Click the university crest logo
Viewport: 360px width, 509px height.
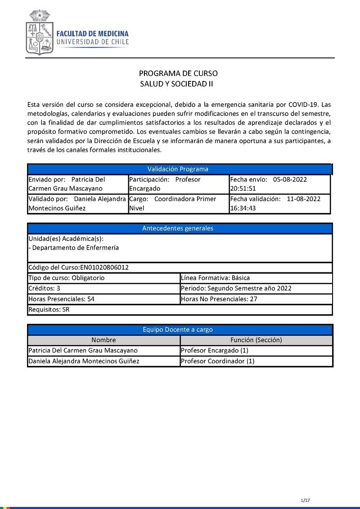point(40,33)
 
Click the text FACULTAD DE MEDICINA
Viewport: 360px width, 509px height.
point(92,34)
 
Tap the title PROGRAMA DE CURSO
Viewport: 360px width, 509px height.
point(178,73)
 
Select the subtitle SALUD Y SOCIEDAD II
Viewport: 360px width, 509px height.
point(176,84)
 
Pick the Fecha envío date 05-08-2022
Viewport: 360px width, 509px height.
point(290,179)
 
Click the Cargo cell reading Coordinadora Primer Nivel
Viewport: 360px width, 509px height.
point(178,203)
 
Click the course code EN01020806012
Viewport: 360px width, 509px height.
point(104,268)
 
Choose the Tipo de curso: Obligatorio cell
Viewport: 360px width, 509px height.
point(67,278)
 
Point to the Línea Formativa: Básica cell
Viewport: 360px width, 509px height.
point(215,278)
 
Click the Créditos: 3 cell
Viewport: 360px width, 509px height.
point(45,288)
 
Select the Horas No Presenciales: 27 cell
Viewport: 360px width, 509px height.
point(219,299)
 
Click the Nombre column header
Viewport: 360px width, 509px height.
point(103,340)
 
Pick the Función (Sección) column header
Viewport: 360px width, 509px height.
point(256,340)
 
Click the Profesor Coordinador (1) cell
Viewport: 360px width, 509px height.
point(217,361)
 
